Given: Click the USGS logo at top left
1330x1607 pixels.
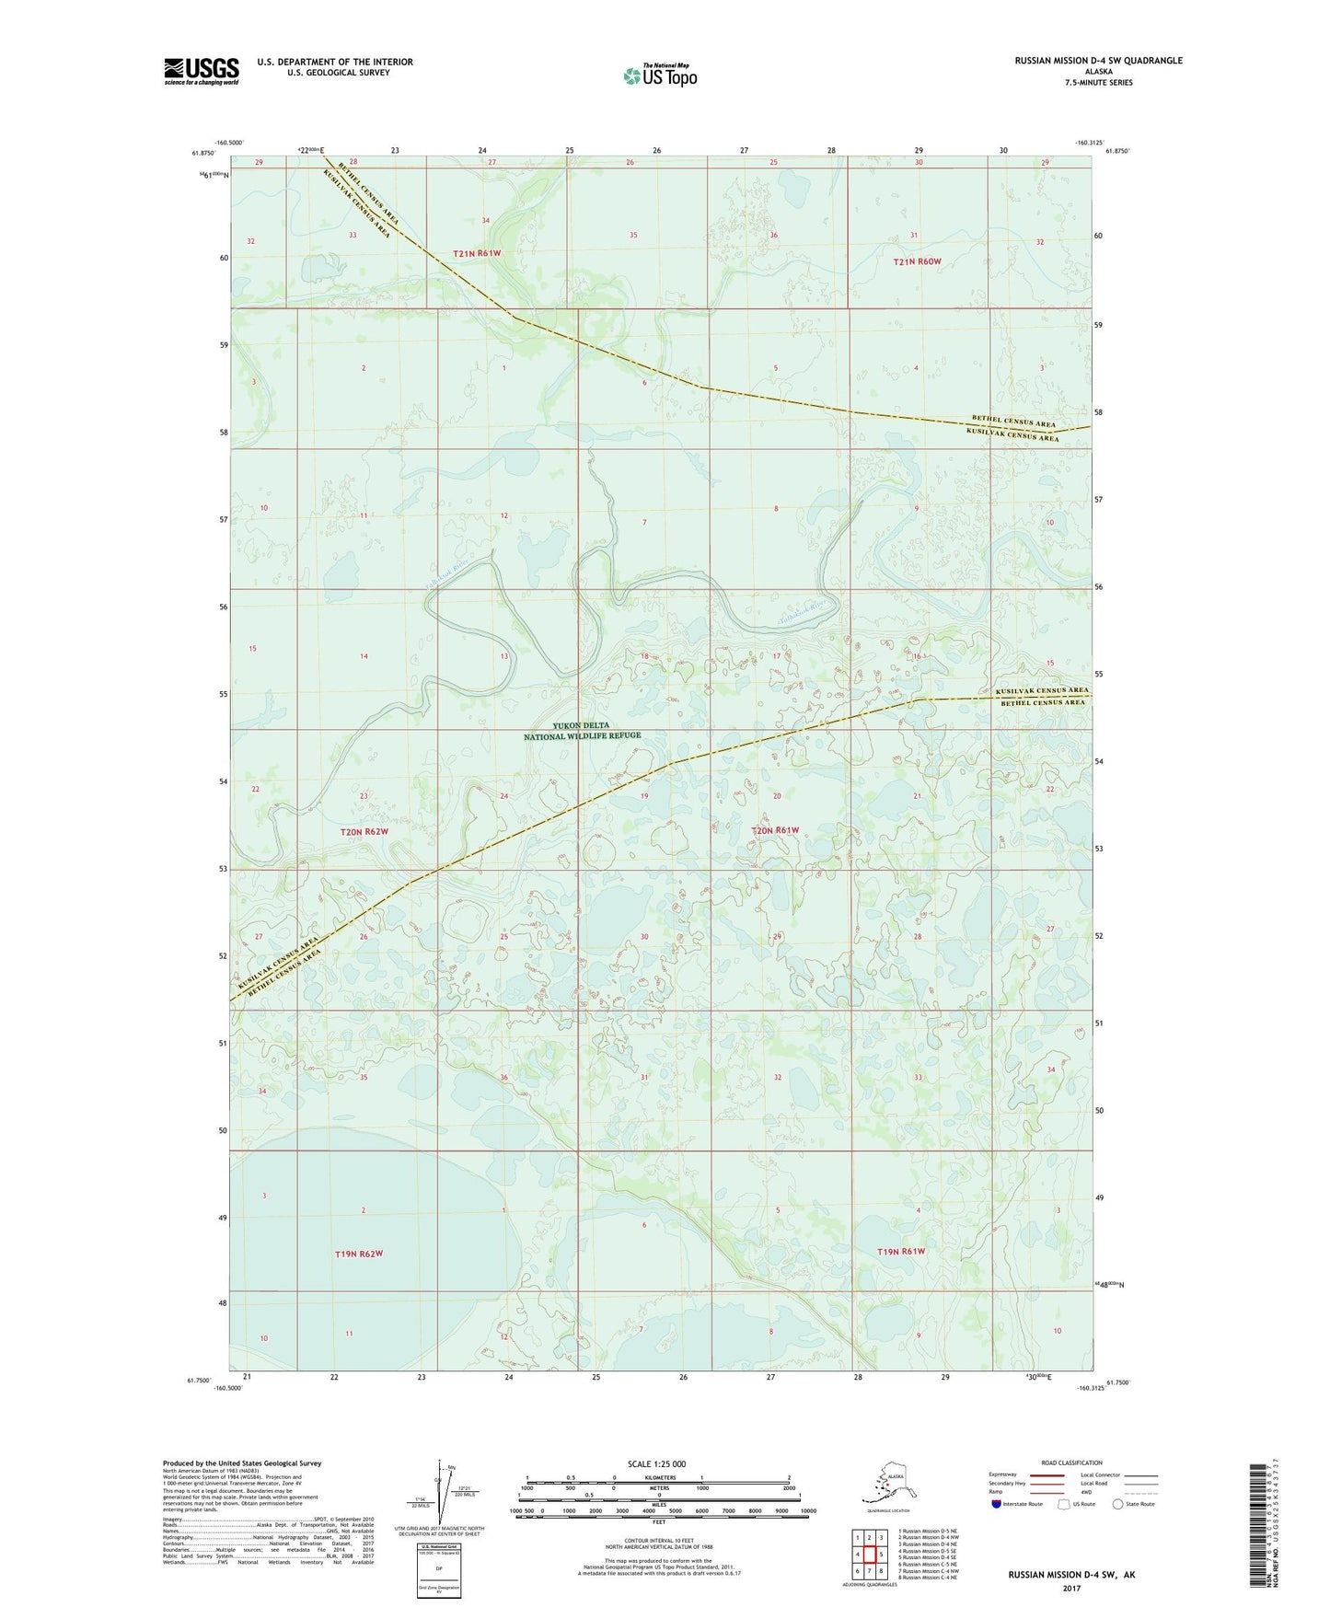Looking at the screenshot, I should click(x=201, y=71).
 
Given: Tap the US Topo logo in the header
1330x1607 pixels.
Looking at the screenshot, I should click(x=660, y=75).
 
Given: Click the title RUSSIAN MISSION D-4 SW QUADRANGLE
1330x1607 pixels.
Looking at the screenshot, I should click(x=1098, y=61).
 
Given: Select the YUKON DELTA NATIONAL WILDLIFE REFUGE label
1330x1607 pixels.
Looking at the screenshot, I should click(x=582, y=731).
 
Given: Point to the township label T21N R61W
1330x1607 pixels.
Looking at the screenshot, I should click(x=476, y=253).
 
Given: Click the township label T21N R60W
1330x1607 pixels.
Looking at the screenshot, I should click(x=918, y=261).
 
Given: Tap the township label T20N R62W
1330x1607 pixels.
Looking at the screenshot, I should click(x=364, y=831).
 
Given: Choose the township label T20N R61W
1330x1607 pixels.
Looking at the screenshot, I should click(x=775, y=830).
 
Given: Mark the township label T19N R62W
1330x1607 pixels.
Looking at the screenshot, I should click(x=358, y=1254).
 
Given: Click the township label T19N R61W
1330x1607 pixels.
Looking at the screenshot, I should click(x=900, y=1251).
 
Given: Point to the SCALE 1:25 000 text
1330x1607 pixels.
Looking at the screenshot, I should click(x=657, y=1463).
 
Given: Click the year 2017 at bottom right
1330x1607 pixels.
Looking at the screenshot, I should click(x=1070, y=1588).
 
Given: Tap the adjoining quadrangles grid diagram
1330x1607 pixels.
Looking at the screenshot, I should click(x=869, y=1555).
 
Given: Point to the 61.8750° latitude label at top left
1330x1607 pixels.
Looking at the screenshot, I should click(x=203, y=154).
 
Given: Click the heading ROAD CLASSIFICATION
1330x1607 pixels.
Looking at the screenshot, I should click(x=1071, y=1462).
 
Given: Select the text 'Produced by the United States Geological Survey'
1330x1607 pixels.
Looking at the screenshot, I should click(x=242, y=1462).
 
